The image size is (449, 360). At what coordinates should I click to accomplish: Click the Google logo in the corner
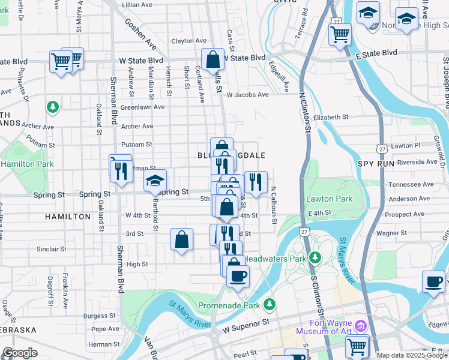(20, 353)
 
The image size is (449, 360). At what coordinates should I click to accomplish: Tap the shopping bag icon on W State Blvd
(212, 59)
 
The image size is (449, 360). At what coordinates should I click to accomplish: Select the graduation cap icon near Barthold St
(155, 180)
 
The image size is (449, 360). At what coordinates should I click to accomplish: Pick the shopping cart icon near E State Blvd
(340, 34)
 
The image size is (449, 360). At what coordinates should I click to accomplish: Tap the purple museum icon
(360, 326)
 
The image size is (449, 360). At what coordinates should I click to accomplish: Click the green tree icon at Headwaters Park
(315, 258)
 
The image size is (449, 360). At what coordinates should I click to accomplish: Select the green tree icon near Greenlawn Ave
(53, 107)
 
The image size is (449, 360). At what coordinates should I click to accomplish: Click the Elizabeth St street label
(330, 117)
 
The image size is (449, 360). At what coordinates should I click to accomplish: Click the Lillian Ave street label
(138, 4)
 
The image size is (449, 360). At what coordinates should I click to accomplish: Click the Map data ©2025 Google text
(412, 355)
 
